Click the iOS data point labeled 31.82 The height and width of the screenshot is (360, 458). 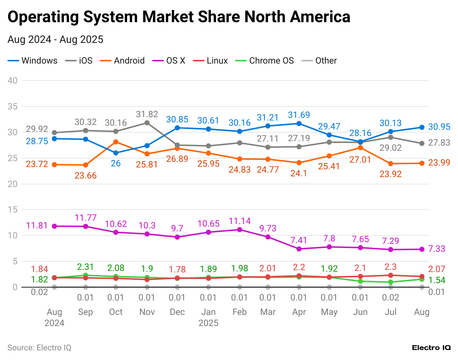pos(147,123)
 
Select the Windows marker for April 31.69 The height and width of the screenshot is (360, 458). pos(299,123)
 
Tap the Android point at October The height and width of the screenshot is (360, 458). pos(116,142)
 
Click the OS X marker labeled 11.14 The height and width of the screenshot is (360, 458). pos(240,230)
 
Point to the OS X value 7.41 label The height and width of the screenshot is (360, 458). pos(299,240)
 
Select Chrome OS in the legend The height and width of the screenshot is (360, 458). pos(264,61)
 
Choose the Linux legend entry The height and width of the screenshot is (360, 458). pos(211,61)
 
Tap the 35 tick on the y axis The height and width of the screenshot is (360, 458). pos(13,106)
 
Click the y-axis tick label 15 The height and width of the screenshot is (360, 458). pos(13,210)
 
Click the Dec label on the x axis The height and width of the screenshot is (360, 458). pos(177,312)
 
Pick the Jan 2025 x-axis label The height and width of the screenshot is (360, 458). pos(208,317)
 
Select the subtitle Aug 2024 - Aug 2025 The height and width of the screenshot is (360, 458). pos(55,40)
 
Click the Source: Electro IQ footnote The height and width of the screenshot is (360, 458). pos(39,347)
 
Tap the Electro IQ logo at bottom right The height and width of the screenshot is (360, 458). pos(431,347)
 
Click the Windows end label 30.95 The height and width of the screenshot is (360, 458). pos(439,127)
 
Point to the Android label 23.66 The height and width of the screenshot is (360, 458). pos(85,176)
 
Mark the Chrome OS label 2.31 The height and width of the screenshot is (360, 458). pos(85,267)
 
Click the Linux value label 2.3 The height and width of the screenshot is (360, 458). pos(390,267)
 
